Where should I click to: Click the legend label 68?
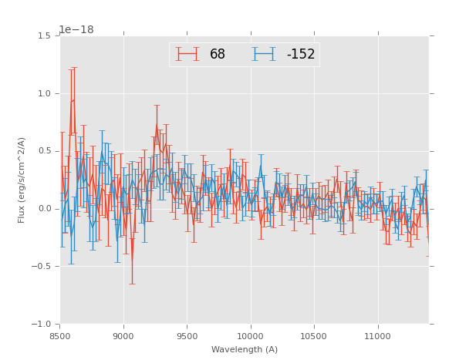coord(217,55)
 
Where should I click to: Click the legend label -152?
coord(300,55)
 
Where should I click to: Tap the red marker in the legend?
coord(187,54)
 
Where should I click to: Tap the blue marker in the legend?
coord(264,54)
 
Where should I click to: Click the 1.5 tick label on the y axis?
coord(44,36)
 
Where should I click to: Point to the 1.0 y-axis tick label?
coord(44,94)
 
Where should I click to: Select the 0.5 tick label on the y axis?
coord(44,151)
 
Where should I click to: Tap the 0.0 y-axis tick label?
coord(44,209)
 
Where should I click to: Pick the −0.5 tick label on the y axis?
coord(42,267)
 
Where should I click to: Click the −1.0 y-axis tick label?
coord(42,325)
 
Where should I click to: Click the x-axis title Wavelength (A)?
coord(244,350)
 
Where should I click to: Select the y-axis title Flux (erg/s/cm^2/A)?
coord(22,180)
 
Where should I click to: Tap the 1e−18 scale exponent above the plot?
coord(76,30)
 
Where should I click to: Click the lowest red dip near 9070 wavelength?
coord(132,264)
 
